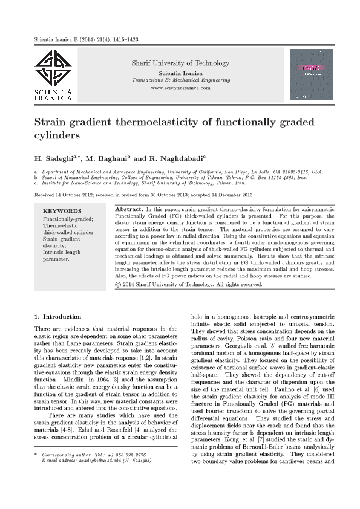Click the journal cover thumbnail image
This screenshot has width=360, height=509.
(x=312, y=74)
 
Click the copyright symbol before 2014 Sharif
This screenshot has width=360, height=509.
(x=119, y=284)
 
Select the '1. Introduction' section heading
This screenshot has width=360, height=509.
(x=58, y=317)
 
